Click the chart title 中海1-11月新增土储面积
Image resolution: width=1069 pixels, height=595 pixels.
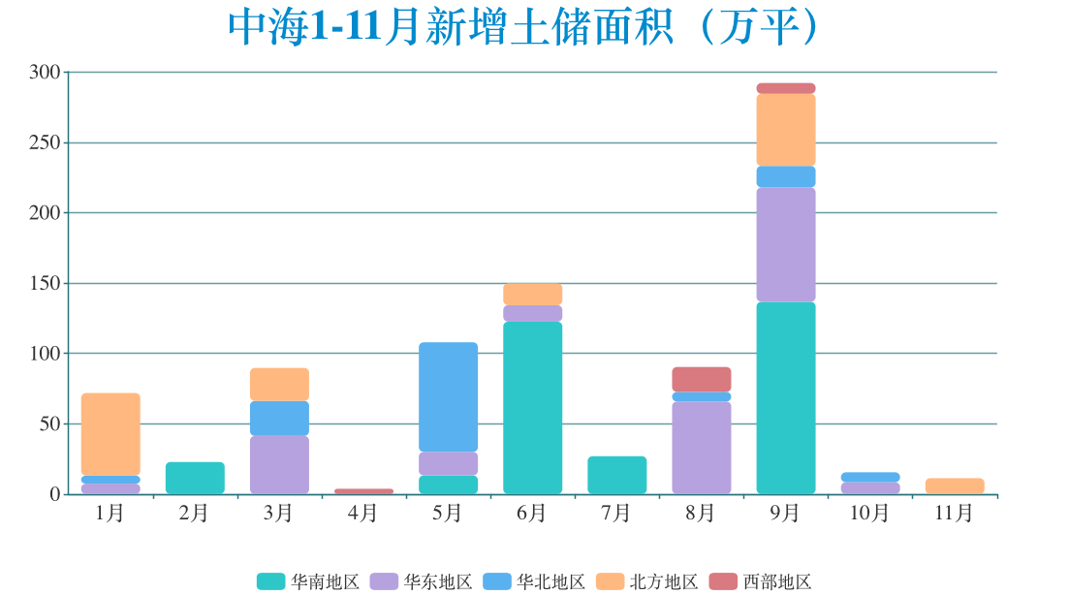(524, 27)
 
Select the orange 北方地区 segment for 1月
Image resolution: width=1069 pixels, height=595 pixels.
(110, 433)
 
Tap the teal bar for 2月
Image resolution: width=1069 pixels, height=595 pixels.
(195, 478)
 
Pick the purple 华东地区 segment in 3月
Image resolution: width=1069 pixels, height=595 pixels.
(279, 464)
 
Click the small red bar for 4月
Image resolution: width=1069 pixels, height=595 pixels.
(363, 491)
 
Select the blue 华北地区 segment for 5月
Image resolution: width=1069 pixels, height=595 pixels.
(448, 396)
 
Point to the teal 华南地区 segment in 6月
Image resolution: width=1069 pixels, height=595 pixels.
(532, 407)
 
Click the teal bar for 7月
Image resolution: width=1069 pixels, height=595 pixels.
(616, 475)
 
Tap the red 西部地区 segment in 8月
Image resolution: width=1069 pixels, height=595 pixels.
(701, 379)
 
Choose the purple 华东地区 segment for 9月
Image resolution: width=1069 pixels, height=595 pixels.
(785, 244)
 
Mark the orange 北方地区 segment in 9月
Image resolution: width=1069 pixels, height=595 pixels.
(785, 130)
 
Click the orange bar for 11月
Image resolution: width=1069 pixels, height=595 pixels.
(954, 485)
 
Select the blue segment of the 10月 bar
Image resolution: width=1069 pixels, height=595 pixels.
(869, 477)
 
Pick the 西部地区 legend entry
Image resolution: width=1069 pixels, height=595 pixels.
(761, 581)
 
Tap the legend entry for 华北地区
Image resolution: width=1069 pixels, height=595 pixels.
(534, 581)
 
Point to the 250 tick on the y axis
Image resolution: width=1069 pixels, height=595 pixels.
(45, 142)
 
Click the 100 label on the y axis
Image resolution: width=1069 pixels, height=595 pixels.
(45, 354)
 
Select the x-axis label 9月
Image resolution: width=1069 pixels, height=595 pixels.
(785, 514)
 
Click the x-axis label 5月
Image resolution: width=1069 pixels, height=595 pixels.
(448, 514)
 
